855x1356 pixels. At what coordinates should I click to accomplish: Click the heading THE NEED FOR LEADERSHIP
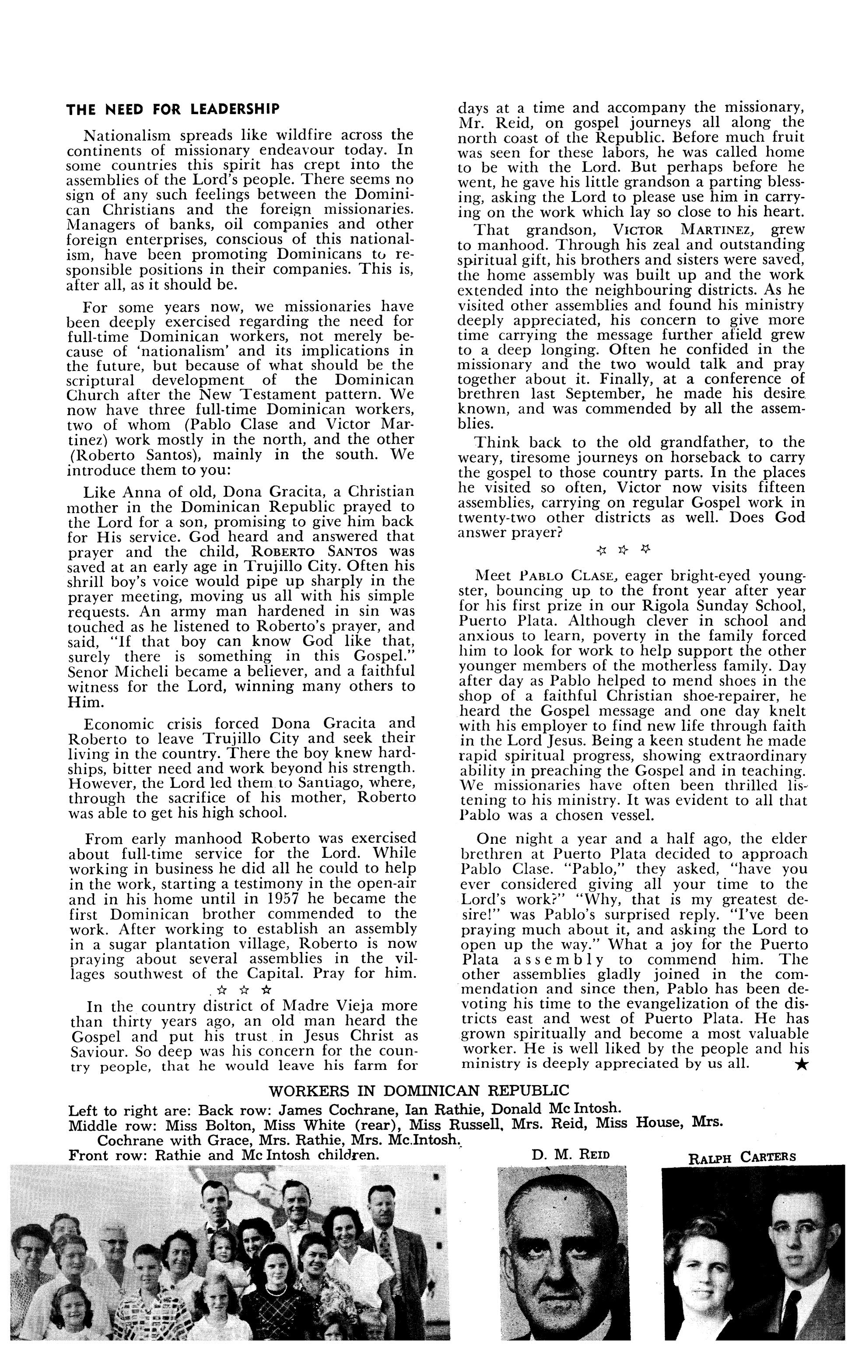click(172, 109)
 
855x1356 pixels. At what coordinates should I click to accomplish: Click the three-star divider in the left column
click(243, 989)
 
